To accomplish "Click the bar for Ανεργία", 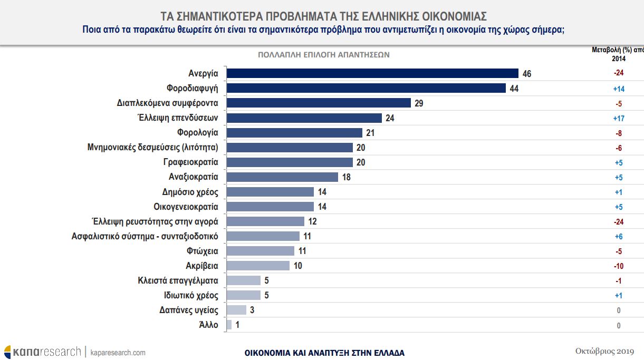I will (x=372, y=73).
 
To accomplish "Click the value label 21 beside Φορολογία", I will (x=370, y=133).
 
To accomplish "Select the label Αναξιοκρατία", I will (x=194, y=177).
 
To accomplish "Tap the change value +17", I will (x=619, y=119).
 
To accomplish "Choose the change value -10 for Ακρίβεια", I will (x=619, y=266).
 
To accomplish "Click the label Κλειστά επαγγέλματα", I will (x=178, y=280).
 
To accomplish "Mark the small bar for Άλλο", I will (x=228, y=325).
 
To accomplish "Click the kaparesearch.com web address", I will (x=118, y=352).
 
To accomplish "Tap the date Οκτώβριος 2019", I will (x=604, y=351).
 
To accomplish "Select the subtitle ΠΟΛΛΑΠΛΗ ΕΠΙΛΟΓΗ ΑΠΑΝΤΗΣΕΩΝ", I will (x=323, y=54).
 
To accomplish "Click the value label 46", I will (x=526, y=74).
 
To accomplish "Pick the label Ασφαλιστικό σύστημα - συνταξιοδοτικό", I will (x=145, y=236).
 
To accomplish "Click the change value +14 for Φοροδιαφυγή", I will (x=619, y=89).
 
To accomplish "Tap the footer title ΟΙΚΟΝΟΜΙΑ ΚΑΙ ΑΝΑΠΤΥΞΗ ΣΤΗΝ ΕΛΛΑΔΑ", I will (x=324, y=353).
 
